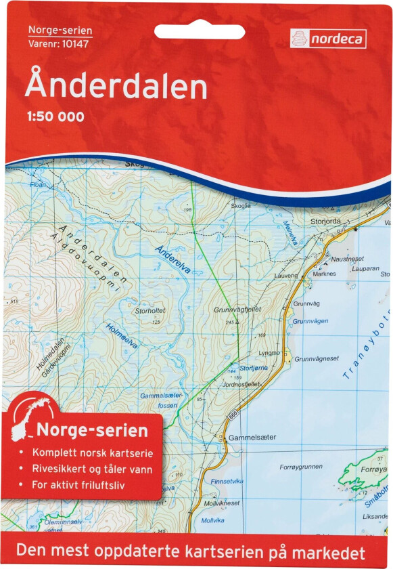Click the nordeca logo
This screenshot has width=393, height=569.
[328, 39]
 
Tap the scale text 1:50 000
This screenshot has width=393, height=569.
[55, 117]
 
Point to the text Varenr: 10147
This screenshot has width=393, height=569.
[58, 44]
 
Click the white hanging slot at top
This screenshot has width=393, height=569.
[195, 31]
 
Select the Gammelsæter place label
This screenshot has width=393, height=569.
[252, 438]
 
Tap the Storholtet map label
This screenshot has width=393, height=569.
[150, 311]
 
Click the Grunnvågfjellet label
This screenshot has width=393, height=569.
[237, 310]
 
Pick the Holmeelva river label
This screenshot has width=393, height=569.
[122, 336]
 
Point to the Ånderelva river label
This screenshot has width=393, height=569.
[172, 259]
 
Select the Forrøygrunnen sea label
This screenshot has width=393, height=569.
[301, 467]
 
